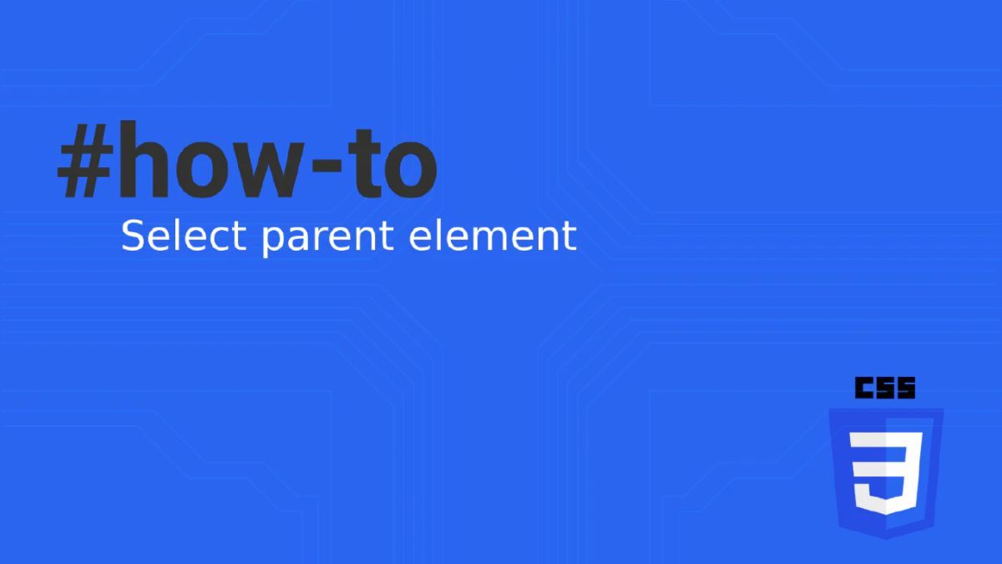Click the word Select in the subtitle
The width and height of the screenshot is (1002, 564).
point(184,236)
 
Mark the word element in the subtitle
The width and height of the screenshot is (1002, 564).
point(493,236)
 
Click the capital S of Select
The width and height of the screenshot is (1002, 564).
point(134,236)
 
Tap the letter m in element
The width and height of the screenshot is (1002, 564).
point(486,239)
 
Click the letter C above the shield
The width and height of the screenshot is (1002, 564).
point(864,389)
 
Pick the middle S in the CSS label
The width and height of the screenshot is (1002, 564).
point(885,389)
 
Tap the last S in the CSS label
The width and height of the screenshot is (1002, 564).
point(906,389)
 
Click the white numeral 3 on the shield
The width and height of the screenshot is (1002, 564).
point(886,472)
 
